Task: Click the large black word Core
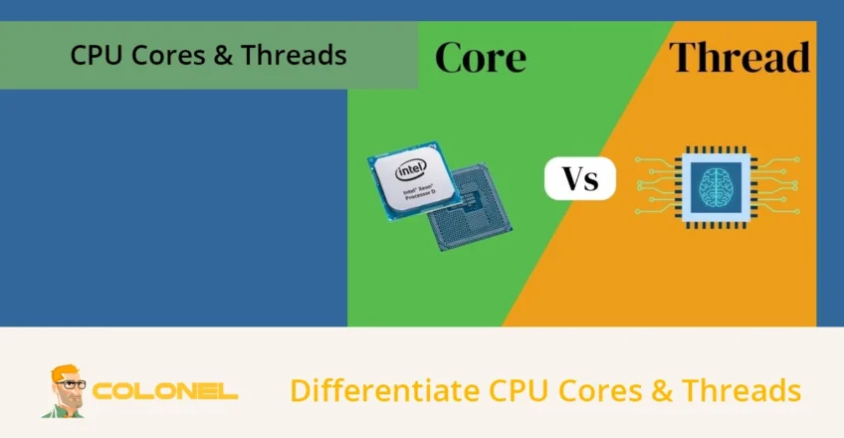coord(481,58)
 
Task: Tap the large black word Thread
coord(738,58)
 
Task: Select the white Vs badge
coord(580,179)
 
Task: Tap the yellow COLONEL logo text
coord(165,391)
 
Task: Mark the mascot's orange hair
coord(64,370)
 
